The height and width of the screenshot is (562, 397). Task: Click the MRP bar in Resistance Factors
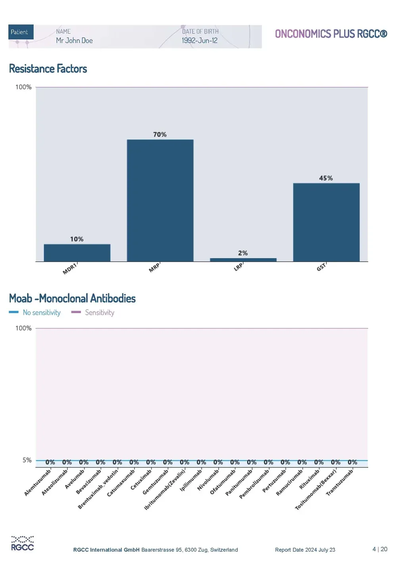point(160,200)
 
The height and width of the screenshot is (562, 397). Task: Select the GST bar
point(326,222)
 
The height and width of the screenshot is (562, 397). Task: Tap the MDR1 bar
point(77,253)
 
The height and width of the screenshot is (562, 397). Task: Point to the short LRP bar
point(243,260)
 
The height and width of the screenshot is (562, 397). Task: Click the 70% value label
point(160,134)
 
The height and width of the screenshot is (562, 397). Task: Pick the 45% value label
point(326,178)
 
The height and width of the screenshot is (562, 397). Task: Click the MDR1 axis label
point(70,269)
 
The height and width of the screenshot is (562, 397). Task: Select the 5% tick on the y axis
point(27,460)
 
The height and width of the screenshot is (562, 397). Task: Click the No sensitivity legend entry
point(35,312)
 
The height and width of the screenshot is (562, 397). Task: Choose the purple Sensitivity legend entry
point(93,312)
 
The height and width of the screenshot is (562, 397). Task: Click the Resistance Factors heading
point(48,68)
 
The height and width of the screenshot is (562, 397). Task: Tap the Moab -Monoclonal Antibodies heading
point(72,298)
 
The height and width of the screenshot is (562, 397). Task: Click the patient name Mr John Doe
point(74,41)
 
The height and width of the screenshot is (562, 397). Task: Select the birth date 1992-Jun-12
point(200,41)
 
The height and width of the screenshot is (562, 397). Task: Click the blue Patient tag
point(21,32)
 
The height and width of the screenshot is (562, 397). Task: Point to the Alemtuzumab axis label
point(38,483)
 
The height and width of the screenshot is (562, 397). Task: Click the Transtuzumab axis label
point(339,483)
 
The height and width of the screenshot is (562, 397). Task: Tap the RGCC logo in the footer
point(22,543)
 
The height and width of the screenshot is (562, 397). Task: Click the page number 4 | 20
point(380,549)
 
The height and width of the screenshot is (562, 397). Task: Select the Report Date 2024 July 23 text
point(305,550)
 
